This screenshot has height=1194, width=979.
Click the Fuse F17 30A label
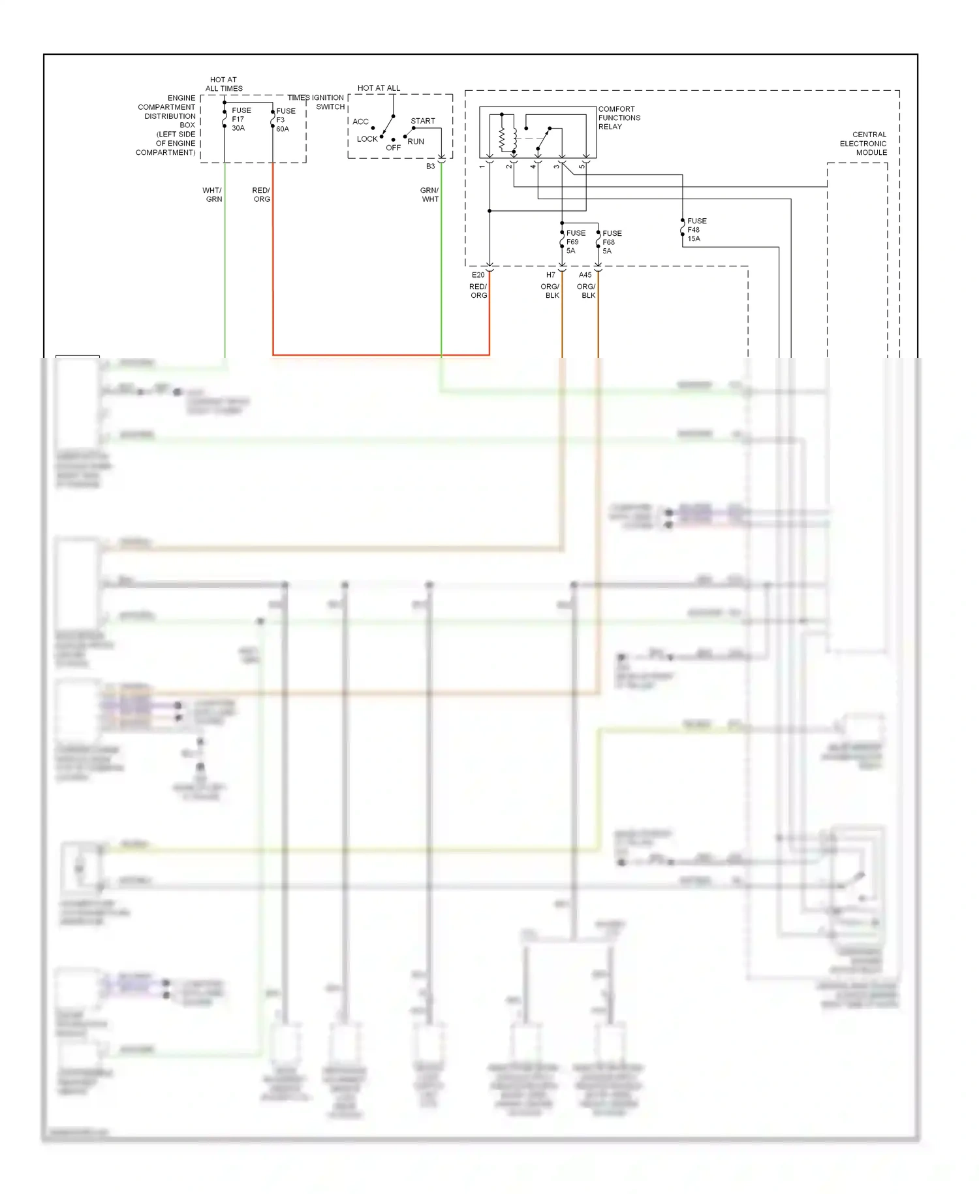[x=240, y=120]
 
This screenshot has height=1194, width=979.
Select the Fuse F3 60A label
[x=285, y=120]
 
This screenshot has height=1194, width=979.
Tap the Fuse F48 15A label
[x=696, y=230]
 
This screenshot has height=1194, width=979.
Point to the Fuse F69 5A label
[x=575, y=242]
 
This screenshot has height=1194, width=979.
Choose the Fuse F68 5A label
[x=611, y=242]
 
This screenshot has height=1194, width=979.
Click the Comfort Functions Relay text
[x=619, y=118]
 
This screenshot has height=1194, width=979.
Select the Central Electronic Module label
[x=863, y=144]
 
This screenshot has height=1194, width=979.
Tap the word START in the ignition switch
[x=422, y=121]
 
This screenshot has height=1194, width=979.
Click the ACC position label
[x=360, y=122]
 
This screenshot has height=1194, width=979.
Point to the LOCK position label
[x=367, y=139]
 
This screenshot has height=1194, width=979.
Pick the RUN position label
[x=416, y=142]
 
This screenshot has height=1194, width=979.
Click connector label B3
[x=430, y=167]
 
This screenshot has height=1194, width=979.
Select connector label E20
[x=478, y=275]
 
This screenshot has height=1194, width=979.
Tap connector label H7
[x=550, y=275]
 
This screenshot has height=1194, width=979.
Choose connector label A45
[x=585, y=275]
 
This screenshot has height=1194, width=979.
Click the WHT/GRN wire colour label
[x=213, y=195]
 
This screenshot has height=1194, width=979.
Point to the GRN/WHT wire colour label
[x=429, y=195]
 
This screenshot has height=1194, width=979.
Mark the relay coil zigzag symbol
[x=502, y=138]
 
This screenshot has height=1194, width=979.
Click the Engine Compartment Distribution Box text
[x=166, y=125]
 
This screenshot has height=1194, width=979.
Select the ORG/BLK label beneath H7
[x=550, y=291]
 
